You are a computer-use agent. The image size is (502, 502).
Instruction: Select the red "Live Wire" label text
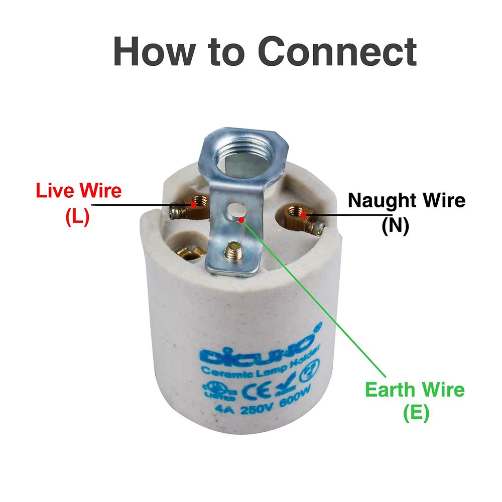[79, 191]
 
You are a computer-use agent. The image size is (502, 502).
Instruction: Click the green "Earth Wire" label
[415, 390]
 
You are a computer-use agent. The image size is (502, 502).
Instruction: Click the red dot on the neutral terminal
[304, 215]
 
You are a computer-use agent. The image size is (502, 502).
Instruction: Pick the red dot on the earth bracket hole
[242, 219]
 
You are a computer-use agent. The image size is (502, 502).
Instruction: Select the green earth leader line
[316, 301]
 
